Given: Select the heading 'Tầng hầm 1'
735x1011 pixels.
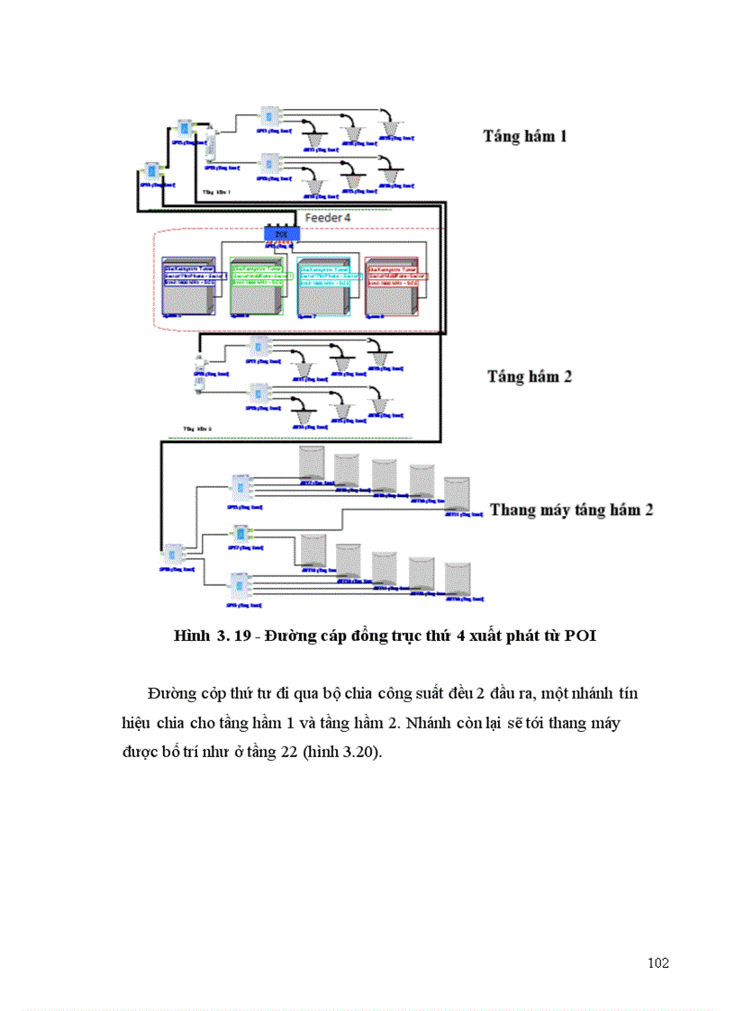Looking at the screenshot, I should (x=525, y=137).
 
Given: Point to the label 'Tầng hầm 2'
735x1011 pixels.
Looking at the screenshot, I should (x=530, y=376).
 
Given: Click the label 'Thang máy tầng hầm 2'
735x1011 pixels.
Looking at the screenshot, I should (x=571, y=510).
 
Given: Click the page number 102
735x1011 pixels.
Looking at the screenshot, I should (x=658, y=963).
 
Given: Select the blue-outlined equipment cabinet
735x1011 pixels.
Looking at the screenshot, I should (x=190, y=286).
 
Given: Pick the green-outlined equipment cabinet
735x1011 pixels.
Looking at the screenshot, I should (x=257, y=286).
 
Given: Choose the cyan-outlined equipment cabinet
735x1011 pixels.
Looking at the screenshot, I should (x=324, y=286).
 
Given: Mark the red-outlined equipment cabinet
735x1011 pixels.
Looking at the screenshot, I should (x=393, y=286).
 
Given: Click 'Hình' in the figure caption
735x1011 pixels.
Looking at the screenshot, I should (x=192, y=636).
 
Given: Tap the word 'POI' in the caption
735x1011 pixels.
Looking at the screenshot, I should (x=580, y=636).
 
